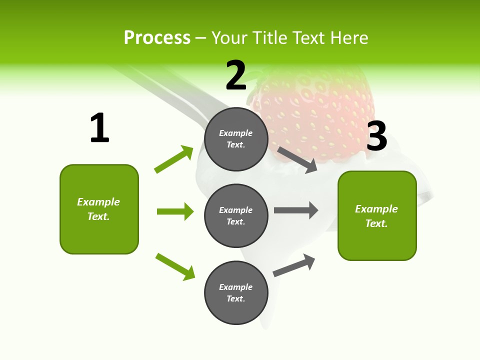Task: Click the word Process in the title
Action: [157, 38]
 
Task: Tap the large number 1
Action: [99, 128]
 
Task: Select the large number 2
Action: [236, 75]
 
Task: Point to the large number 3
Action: [377, 136]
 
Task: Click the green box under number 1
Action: [99, 209]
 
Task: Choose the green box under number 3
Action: [377, 216]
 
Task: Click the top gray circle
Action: [236, 138]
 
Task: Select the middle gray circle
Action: [236, 215]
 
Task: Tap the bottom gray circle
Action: [236, 292]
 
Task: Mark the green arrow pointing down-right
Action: [175, 266]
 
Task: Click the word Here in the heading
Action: [349, 38]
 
